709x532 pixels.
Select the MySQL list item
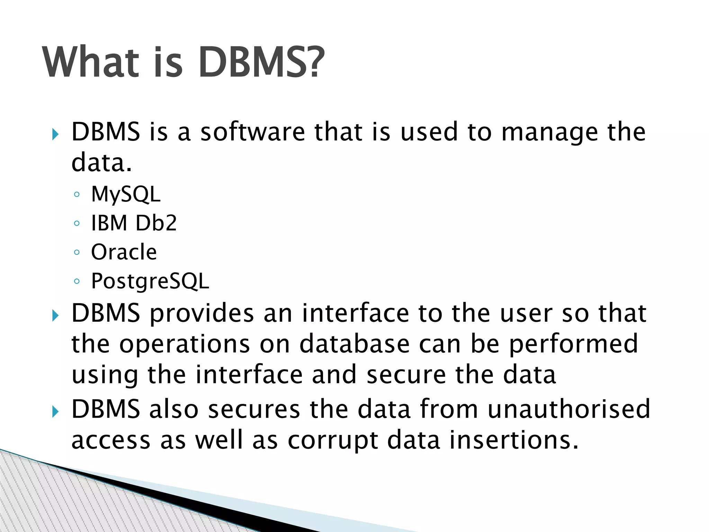pyautogui.click(x=126, y=194)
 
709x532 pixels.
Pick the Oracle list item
pyautogui.click(x=124, y=252)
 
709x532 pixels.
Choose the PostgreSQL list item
pyautogui.click(x=150, y=281)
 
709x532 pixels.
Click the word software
pyautogui.click(x=253, y=132)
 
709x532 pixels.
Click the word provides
pyautogui.click(x=202, y=314)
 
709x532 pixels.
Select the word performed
pyautogui.click(x=573, y=344)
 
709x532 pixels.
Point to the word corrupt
pyautogui.click(x=332, y=441)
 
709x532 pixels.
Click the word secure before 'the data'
pyautogui.click(x=406, y=375)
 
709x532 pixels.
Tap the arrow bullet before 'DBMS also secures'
pyautogui.click(x=55, y=412)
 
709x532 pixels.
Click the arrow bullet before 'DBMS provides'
pyautogui.click(x=55, y=316)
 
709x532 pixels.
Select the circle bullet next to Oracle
pyautogui.click(x=77, y=252)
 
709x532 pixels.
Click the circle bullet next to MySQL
pyautogui.click(x=77, y=194)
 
